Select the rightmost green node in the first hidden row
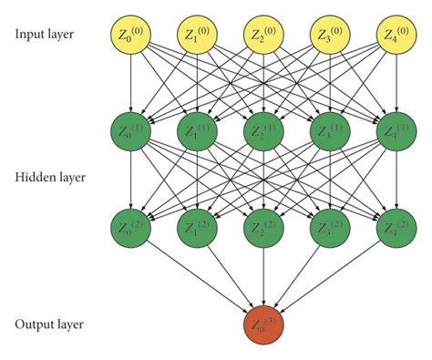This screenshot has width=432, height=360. click(396, 129)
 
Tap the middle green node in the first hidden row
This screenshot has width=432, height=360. click(263, 129)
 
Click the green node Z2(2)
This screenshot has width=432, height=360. click(263, 226)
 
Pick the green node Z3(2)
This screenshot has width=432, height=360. click(330, 226)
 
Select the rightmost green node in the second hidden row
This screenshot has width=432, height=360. click(396, 226)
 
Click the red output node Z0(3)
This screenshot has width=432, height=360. click(263, 324)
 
